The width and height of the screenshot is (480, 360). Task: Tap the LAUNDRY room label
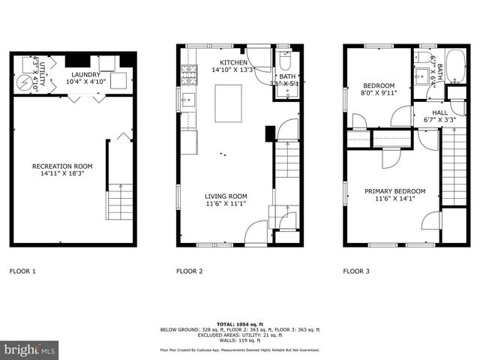(x=86, y=75)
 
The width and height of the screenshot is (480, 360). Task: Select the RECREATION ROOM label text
(x=62, y=166)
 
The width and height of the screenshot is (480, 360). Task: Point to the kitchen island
(x=228, y=103)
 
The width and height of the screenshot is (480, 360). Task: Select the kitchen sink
(x=187, y=98)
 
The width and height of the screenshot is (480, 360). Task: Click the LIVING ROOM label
(x=226, y=196)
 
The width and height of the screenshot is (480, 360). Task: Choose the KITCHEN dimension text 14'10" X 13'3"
(x=232, y=70)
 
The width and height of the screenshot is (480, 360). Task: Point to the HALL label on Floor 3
(x=439, y=112)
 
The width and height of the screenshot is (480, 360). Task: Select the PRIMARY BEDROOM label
(x=395, y=190)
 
